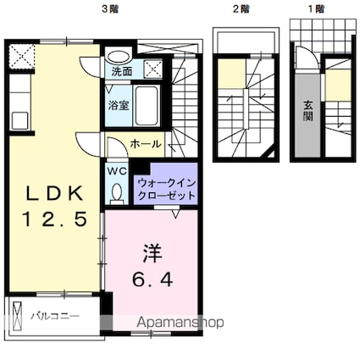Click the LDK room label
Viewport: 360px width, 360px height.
55,193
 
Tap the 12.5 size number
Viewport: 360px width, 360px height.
54,219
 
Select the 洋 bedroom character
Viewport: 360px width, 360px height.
152,252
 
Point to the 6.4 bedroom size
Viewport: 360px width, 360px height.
152,280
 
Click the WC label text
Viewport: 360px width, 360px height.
117,171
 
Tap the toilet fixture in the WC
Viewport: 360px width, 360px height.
116,194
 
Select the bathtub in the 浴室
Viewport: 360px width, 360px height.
146,105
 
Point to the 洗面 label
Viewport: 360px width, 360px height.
121,72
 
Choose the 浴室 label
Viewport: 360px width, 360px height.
119,105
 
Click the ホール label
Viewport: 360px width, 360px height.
146,144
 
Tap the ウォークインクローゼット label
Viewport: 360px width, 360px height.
167,189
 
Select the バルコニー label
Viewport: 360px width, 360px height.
55,316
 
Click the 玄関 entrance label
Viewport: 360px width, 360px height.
307,110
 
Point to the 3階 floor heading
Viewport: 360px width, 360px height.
110,9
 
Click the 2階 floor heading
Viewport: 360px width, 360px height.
241,9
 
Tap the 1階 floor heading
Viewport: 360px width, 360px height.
316,9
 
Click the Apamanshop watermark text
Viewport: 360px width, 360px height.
180,323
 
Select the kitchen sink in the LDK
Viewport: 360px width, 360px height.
19,120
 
